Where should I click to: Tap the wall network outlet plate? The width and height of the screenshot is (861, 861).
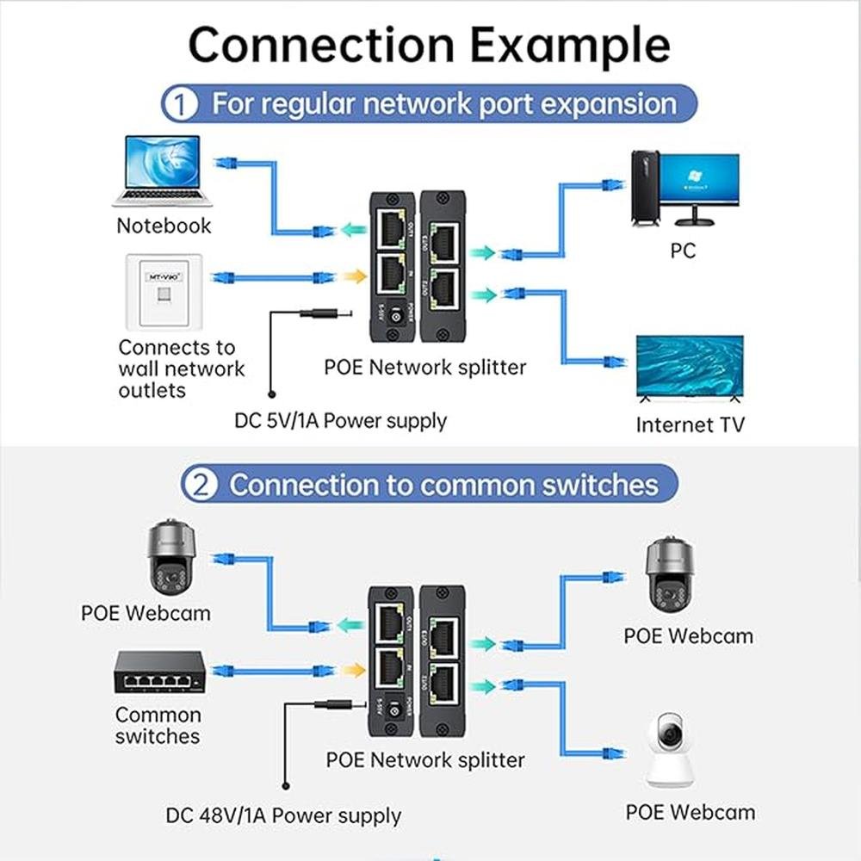[164, 292]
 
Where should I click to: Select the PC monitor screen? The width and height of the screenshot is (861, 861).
[700, 180]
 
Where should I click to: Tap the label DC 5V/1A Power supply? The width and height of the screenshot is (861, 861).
[341, 421]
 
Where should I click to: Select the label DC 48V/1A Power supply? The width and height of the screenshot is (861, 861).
[283, 815]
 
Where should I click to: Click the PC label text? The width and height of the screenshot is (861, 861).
[683, 251]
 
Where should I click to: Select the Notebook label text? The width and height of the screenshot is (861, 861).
[164, 226]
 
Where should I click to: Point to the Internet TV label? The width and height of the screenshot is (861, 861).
[690, 424]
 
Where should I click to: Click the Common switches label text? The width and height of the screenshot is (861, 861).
[158, 726]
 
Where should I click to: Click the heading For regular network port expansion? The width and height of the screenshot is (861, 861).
[444, 105]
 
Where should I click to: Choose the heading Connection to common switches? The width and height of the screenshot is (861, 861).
[443, 484]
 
